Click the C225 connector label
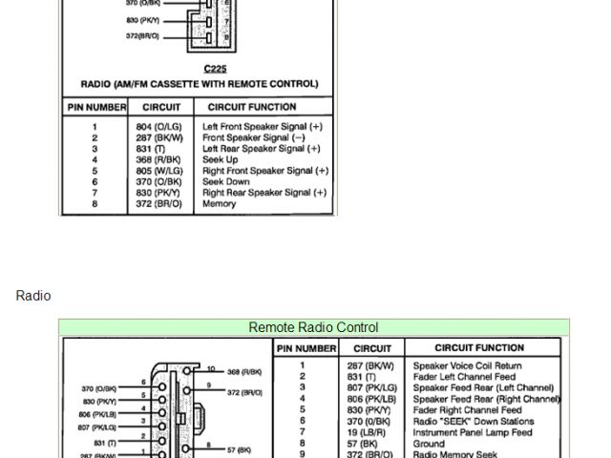[215, 70]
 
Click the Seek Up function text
[221, 159]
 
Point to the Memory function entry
[219, 204]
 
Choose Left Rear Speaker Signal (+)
[262, 149]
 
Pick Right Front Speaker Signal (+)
[265, 171]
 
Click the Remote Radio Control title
[313, 327]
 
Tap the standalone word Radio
[33, 296]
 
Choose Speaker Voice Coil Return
[468, 365]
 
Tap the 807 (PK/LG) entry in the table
[371, 388]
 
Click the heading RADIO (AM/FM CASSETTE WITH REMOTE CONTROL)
[200, 84]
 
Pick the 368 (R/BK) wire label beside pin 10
[244, 371]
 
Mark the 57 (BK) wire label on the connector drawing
[239, 448]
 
